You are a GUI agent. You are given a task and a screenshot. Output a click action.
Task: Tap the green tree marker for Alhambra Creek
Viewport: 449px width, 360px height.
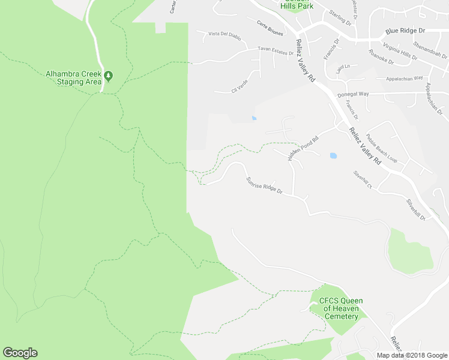[109, 75]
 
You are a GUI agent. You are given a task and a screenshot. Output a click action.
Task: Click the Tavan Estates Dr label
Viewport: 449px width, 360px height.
[276, 50]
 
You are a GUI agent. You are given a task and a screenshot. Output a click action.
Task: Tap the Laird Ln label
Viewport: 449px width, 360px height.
[343, 67]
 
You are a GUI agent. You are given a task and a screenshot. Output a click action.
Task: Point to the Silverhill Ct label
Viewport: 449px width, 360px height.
[363, 179]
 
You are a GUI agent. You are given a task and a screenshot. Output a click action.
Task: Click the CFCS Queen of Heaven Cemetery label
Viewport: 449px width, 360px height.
[341, 308]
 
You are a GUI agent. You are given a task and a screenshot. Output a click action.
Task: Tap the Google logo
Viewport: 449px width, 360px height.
[20, 353]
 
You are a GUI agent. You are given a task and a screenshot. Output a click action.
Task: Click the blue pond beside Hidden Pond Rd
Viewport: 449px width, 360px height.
[333, 156]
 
